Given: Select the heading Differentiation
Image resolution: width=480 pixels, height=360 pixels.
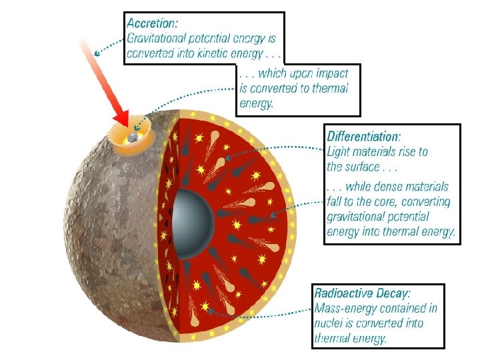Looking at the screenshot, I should [363, 137].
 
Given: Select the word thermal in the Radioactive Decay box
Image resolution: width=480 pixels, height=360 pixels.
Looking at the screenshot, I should [333, 338].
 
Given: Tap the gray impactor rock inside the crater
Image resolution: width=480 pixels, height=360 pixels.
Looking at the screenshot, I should [133, 137].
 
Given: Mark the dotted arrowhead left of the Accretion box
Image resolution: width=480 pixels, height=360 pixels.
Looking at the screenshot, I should [97, 51].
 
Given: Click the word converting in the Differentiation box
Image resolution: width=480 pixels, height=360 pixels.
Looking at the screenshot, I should [425, 202].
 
